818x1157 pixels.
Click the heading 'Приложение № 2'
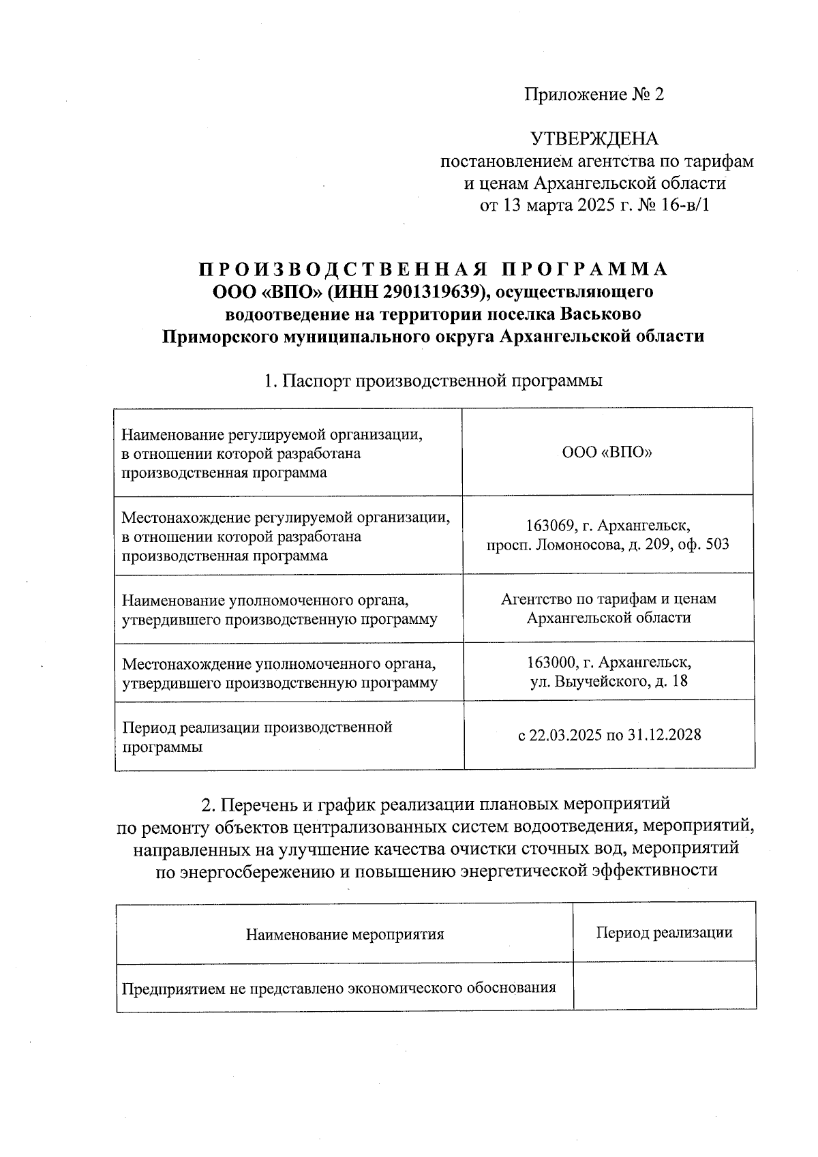(x=593, y=95)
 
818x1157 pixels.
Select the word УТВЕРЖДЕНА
(x=594, y=139)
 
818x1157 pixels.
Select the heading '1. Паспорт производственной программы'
(x=433, y=380)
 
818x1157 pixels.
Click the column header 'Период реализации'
(x=664, y=933)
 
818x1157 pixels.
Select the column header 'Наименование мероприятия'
(x=344, y=934)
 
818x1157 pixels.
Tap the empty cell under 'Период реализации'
(x=664, y=987)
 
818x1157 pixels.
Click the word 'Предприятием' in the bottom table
(x=164, y=988)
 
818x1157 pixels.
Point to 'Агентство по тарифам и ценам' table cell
(x=608, y=599)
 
